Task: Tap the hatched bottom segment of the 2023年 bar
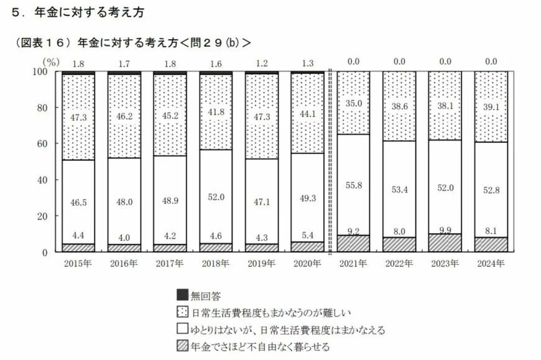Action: point(445,244)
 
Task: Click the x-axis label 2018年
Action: point(216,264)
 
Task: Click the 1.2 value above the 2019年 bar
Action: point(262,63)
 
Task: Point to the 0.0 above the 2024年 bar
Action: point(491,62)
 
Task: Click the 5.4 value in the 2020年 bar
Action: point(308,236)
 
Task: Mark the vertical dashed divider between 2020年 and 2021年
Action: point(331,162)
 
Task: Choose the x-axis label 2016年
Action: point(124,264)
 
